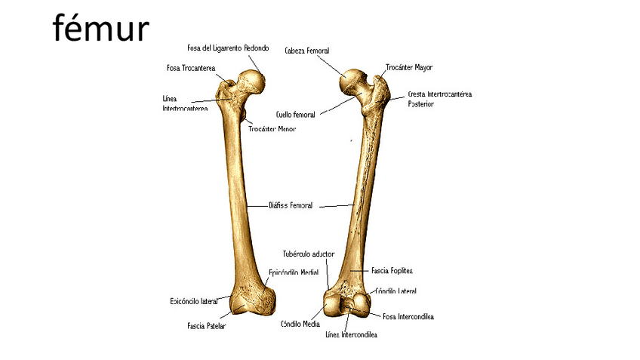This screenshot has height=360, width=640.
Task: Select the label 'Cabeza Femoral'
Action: click(x=306, y=51)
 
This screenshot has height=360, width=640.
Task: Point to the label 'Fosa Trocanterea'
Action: click(x=190, y=67)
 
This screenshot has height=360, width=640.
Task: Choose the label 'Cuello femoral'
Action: click(x=295, y=115)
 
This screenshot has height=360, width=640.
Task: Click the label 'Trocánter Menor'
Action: click(x=272, y=129)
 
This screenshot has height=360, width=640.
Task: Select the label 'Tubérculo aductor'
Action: click(x=308, y=254)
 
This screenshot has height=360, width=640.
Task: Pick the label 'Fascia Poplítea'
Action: click(x=392, y=270)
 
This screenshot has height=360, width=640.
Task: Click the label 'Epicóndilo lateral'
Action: click(x=193, y=301)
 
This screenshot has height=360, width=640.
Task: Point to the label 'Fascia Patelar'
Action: click(x=206, y=326)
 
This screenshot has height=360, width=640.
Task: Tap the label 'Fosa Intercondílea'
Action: click(x=408, y=316)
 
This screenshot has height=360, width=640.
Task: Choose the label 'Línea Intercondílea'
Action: click(x=351, y=334)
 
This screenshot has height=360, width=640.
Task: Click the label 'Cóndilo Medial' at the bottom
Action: click(x=300, y=323)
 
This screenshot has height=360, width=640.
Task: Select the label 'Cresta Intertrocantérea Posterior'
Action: click(x=439, y=99)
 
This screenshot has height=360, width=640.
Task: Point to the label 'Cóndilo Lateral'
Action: click(x=396, y=291)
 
